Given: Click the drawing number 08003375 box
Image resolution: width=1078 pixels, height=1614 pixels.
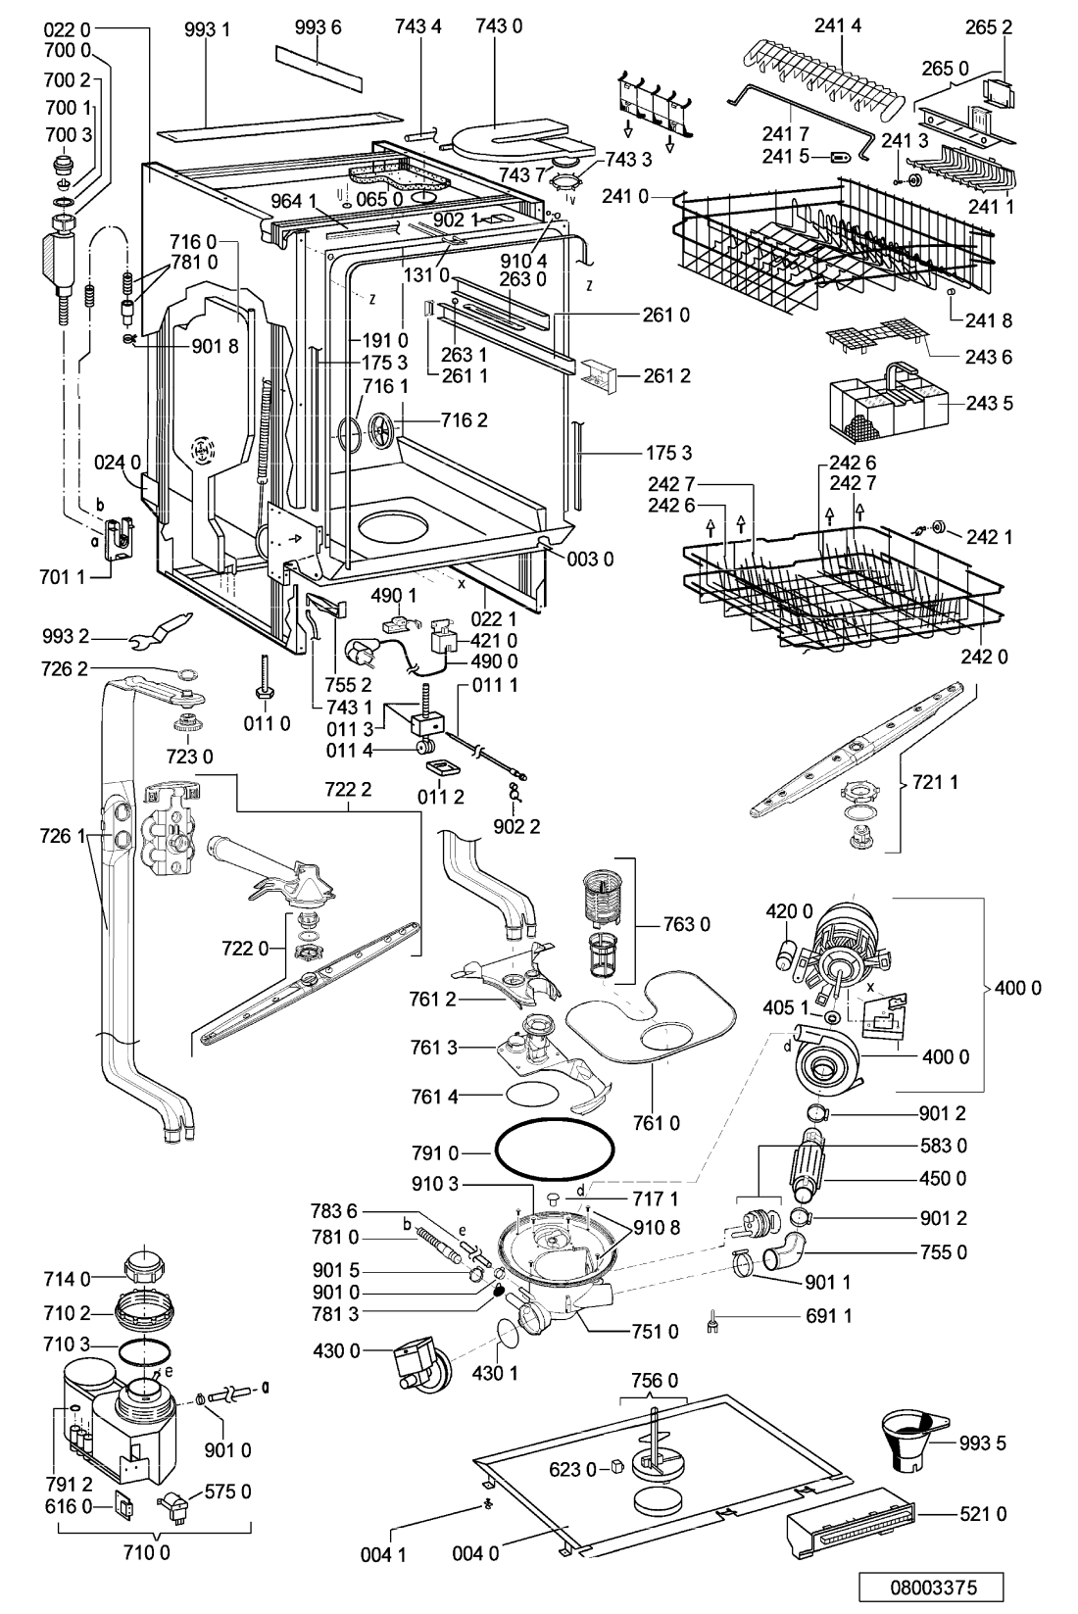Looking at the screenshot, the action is click(x=932, y=1587).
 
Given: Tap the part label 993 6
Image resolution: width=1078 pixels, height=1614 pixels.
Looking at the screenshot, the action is click(x=318, y=27).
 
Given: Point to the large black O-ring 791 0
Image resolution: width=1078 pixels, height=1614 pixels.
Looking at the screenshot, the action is click(x=554, y=1151).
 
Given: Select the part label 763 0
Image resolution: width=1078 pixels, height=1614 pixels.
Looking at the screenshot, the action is click(x=686, y=924).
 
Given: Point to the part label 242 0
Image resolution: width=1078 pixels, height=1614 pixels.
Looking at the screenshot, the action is click(x=984, y=657).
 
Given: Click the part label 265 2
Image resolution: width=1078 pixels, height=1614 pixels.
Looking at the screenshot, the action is click(x=989, y=27).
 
